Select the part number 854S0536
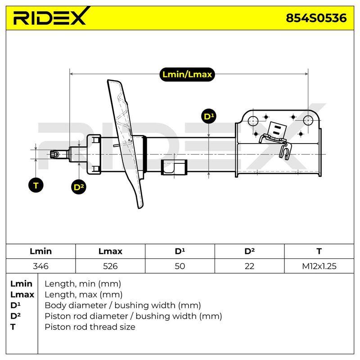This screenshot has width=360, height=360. click(x=316, y=18)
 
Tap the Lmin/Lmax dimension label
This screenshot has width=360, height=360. click(x=187, y=74)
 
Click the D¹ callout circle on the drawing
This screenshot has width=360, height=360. click(x=209, y=117)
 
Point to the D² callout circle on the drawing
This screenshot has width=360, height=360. click(x=79, y=187)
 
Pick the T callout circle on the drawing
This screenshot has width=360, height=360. click(x=36, y=185)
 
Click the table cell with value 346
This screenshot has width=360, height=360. click(x=40, y=266)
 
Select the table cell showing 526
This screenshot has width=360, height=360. click(x=110, y=266)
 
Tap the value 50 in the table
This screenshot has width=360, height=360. click(x=180, y=266)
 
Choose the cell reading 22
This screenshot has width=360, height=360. click(x=249, y=266)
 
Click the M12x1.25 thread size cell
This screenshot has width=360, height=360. click(x=319, y=266)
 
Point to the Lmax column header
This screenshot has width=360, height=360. click(x=110, y=251)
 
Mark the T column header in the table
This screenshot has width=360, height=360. click(x=319, y=251)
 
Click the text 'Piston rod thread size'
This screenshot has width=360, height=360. click(x=90, y=327)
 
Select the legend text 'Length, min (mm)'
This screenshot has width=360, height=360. click(x=83, y=284)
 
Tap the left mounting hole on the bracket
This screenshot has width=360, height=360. click(x=253, y=121)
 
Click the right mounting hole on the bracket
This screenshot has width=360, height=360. click(x=308, y=120)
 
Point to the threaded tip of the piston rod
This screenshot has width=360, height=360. click(x=54, y=154)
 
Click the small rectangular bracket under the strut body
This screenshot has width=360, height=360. click(x=174, y=167)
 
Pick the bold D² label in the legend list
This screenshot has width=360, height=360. click(x=15, y=316)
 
